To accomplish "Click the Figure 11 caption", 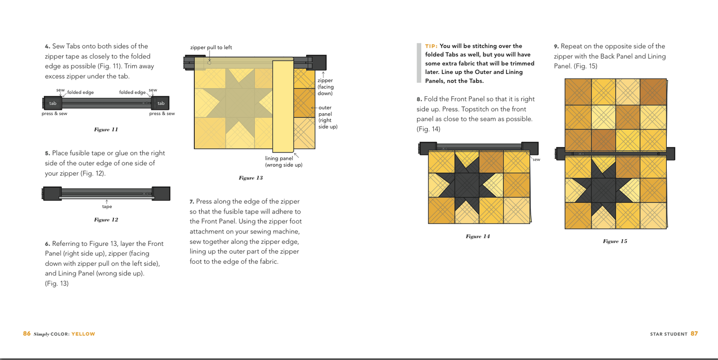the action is tap(106, 130).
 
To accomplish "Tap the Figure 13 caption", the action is tap(250, 178).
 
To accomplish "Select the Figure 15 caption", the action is tap(615, 241).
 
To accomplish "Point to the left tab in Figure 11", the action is tap(53, 103).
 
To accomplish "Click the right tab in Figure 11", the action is tap(160, 103).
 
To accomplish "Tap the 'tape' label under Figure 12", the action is tap(107, 207).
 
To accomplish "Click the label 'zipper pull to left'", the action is tap(211, 47).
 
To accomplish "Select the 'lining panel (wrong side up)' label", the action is tap(284, 161).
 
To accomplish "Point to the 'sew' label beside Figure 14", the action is tap(536, 159).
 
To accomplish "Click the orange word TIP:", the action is tap(431, 46).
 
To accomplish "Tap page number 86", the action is tap(27, 333).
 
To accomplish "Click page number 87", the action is tap(694, 333).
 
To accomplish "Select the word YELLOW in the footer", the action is tap(83, 334).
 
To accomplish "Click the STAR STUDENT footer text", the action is tap(669, 334).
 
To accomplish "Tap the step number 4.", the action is tap(47, 47).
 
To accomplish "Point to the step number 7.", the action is tap(192, 202).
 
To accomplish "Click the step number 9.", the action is tap(556, 47).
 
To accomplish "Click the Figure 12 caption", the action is tap(106, 219).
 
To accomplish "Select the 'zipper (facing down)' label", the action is tap(325, 87).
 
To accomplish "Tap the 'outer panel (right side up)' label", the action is tap(328, 117).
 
